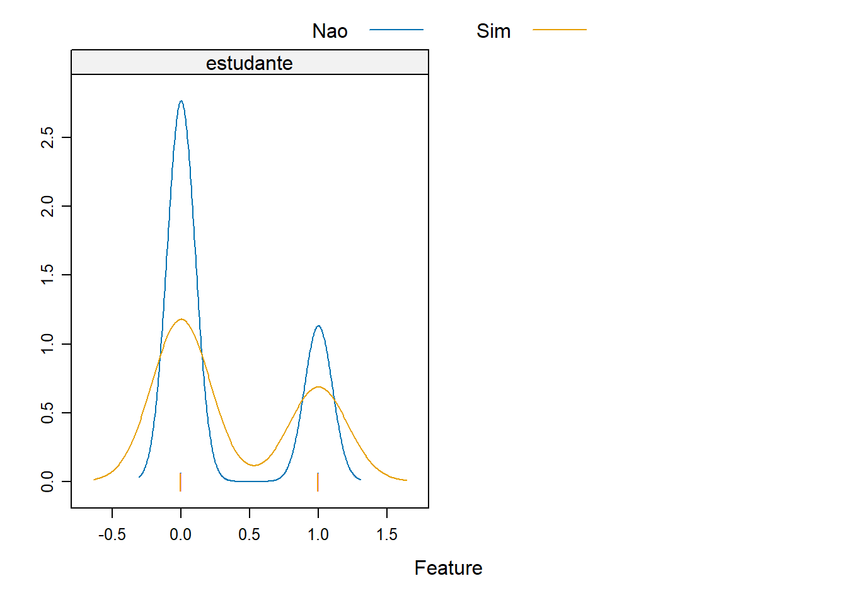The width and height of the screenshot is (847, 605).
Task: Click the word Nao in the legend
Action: click(x=330, y=31)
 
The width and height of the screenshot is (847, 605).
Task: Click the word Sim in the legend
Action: click(x=493, y=31)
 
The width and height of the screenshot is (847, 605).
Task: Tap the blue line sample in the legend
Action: click(x=396, y=30)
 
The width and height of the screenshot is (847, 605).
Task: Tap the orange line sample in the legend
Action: click(x=560, y=30)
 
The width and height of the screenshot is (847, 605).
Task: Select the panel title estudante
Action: click(x=249, y=63)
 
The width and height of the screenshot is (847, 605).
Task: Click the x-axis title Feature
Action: click(x=449, y=568)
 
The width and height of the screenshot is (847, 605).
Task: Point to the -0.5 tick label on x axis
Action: click(x=112, y=534)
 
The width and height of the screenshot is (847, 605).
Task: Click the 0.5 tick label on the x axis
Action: click(x=249, y=534)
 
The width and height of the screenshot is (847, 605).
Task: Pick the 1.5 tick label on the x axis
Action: click(x=387, y=534)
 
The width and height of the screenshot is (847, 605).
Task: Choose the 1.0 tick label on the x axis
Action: click(x=318, y=534)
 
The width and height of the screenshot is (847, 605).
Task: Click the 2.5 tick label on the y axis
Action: click(x=47, y=137)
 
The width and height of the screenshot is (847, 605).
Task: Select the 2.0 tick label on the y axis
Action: click(x=47, y=206)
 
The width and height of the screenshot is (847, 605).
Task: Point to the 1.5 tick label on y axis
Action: click(x=47, y=275)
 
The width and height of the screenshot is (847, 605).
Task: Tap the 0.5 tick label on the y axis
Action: click(x=47, y=413)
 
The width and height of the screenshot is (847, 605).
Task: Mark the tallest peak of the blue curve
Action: click(x=181, y=101)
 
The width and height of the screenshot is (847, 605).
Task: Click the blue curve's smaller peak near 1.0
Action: click(x=318, y=326)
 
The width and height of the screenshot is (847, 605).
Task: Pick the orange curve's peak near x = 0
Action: click(x=181, y=319)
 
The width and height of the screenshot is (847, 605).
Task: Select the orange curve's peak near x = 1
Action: click(x=318, y=387)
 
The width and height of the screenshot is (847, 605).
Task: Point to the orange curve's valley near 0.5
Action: click(x=254, y=466)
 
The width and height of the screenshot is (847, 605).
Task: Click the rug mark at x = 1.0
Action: click(x=318, y=482)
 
